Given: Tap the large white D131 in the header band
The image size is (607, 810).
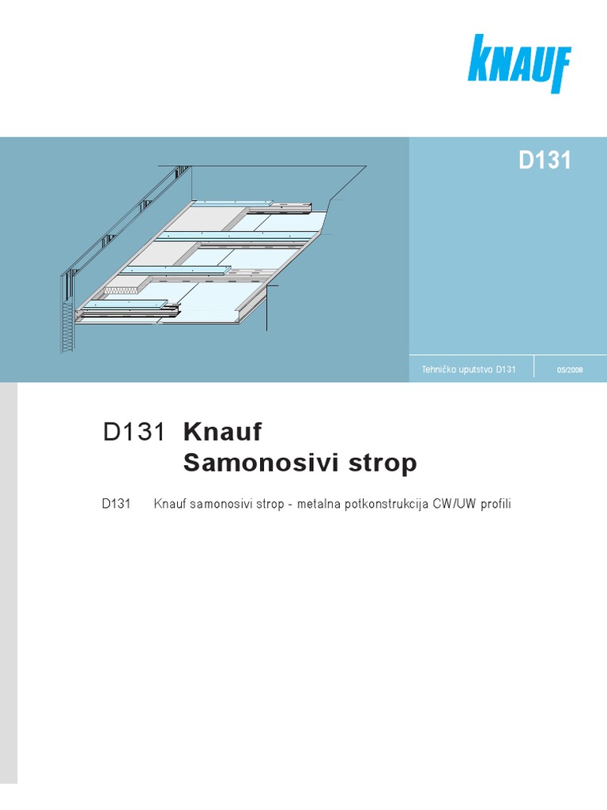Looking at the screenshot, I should click(544, 161).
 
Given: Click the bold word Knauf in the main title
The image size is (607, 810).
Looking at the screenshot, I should click(222, 433).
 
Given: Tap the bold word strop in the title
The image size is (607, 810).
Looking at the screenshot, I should click(382, 464).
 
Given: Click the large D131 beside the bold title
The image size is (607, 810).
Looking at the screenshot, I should click(134, 433).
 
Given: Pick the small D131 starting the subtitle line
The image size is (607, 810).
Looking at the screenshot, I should click(115, 504).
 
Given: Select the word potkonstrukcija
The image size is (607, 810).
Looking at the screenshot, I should click(383, 504).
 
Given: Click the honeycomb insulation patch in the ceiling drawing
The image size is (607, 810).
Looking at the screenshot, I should click(125, 290).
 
